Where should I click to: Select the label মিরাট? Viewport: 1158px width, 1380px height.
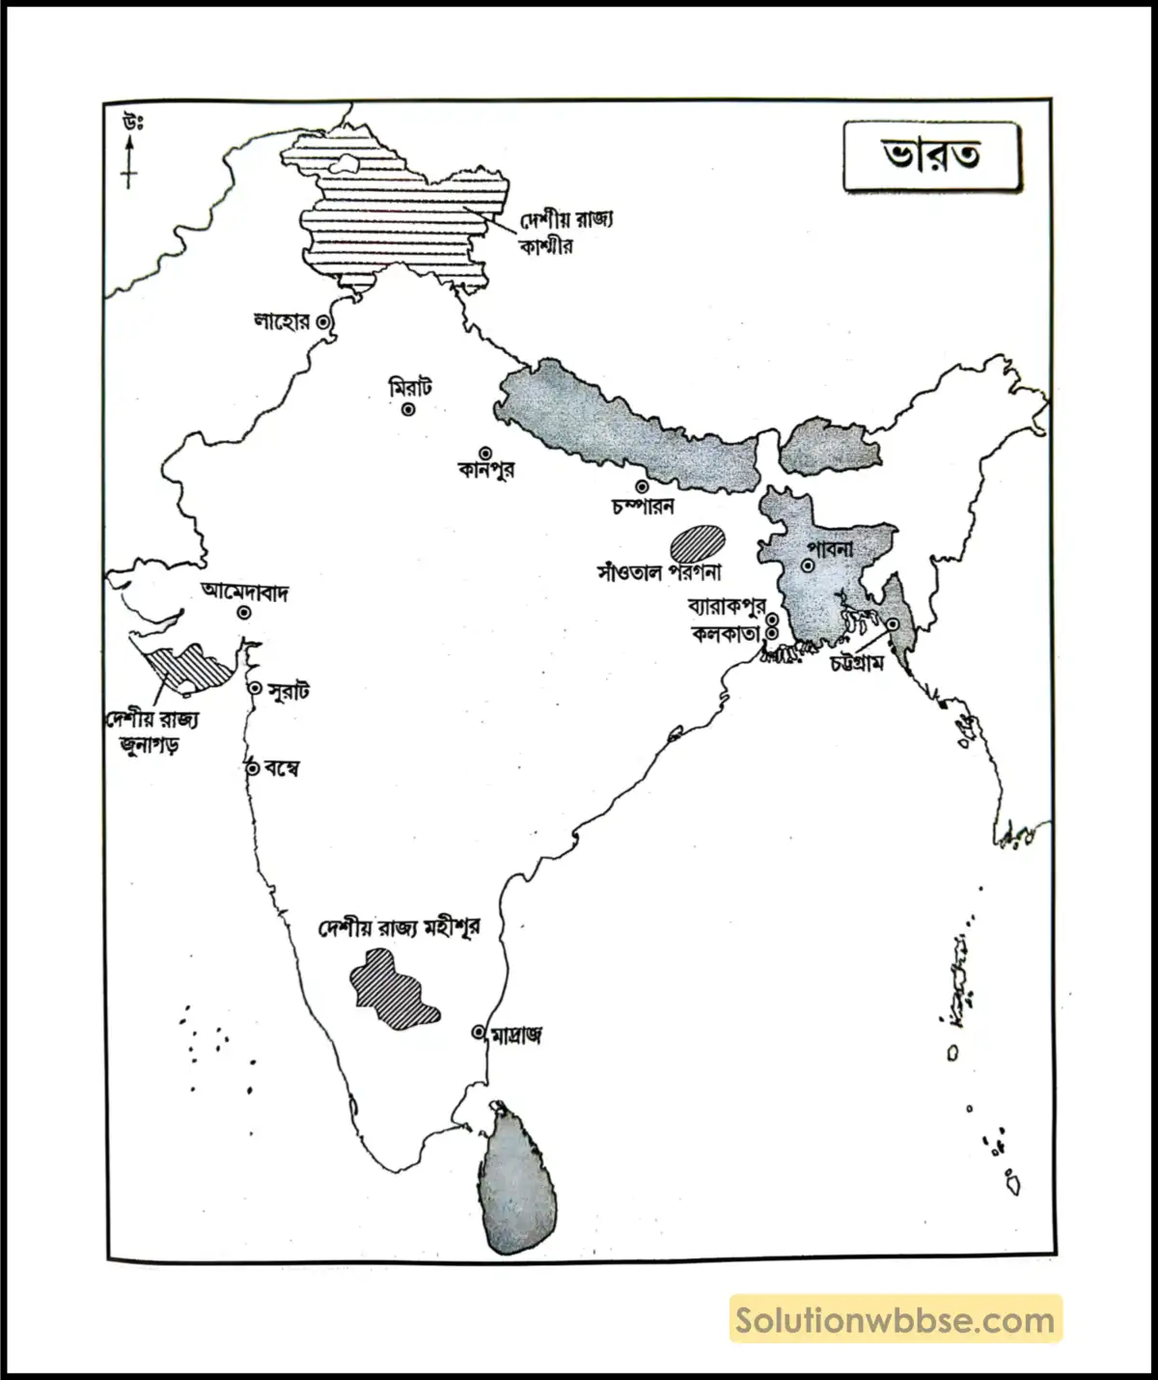point(410,388)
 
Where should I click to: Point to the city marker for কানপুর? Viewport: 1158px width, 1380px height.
point(484,453)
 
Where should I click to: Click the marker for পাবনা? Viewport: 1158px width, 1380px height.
point(807,566)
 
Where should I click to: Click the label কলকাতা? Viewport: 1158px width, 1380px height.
point(726,634)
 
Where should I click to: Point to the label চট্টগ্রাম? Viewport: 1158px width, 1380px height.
point(856,664)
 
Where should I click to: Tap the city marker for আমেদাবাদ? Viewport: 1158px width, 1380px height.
point(245,613)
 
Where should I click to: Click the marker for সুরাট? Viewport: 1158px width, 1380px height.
point(255,688)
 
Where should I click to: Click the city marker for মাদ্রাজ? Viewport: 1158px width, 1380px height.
point(478,1032)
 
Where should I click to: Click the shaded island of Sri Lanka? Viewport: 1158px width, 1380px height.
point(519,1182)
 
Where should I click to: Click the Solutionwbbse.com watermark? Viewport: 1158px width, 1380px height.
point(896,1319)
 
